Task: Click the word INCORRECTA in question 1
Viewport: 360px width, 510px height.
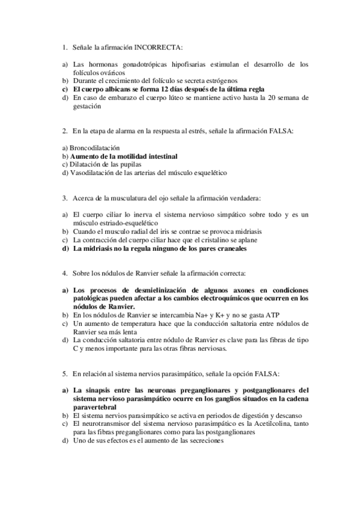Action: click(x=159, y=47)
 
